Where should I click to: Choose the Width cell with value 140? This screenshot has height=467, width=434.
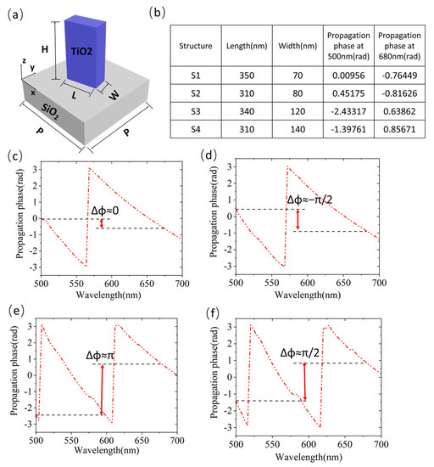point(298,130)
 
